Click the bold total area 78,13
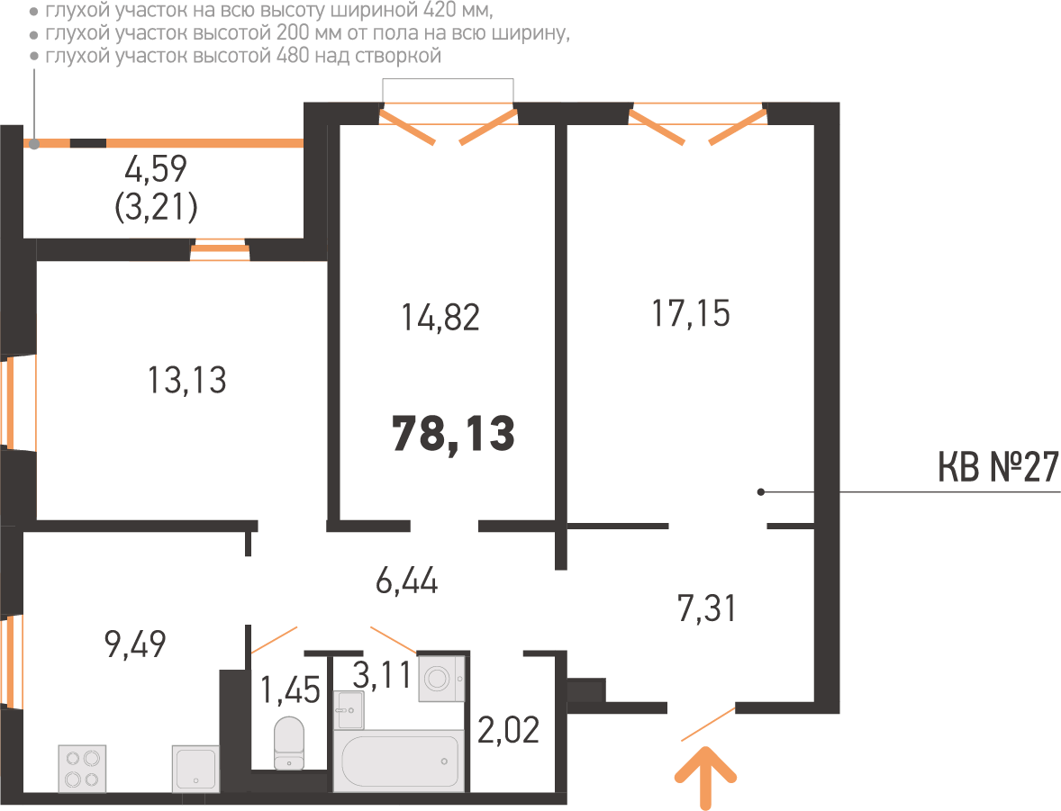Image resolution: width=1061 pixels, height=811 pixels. point(453,434)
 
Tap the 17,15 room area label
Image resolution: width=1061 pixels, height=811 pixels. point(691,314)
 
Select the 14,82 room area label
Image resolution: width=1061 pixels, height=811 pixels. point(440,318)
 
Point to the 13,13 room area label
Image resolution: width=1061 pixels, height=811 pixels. point(186,380)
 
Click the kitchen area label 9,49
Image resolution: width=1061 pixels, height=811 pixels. point(135,644)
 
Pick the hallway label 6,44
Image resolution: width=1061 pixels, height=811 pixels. point(407,581)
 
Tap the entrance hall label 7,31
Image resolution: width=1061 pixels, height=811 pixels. point(706,608)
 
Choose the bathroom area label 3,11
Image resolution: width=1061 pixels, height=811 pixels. point(382,675)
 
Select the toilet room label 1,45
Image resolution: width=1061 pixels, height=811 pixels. point(290,689)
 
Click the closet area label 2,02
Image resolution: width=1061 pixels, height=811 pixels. point(509,730)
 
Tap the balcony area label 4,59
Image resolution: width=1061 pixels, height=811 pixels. point(156,169)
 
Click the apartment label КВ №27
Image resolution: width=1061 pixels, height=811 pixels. point(999,467)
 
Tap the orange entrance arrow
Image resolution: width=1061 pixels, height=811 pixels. point(706,778)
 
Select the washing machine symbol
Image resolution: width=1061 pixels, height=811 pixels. point(441,679)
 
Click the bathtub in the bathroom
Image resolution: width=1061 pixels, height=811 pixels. point(399,761)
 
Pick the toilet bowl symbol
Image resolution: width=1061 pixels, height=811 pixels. point(290,743)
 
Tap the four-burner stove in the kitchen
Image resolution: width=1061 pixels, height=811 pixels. point(83,769)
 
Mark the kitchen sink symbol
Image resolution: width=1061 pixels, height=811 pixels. point(195,769)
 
